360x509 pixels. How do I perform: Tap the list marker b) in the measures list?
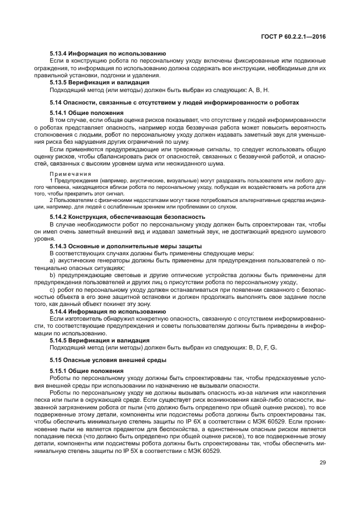tap(53, 275)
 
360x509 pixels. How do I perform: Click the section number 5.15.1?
tap(59, 370)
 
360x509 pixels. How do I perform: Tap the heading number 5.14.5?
tap(59, 339)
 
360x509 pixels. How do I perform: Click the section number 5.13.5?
tap(59, 82)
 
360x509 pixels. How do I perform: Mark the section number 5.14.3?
tap(59, 246)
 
